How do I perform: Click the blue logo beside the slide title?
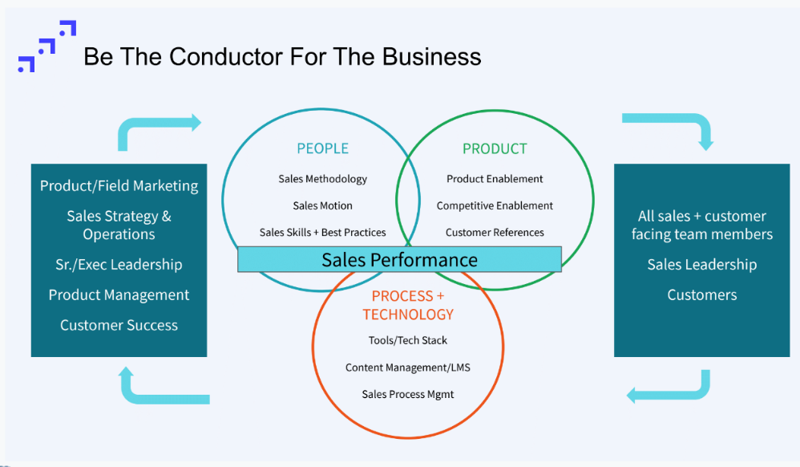[x=46, y=47]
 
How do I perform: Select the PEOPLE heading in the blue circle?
[x=322, y=148]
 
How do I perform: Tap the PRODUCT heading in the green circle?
[x=495, y=148]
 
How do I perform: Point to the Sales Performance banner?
[x=399, y=260]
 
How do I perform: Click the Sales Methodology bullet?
[x=322, y=179]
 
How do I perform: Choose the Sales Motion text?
[x=322, y=205]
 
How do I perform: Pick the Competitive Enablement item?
[x=495, y=205]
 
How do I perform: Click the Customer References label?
[x=495, y=233]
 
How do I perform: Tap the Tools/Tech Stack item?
[x=407, y=340]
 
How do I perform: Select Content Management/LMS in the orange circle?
[x=407, y=368]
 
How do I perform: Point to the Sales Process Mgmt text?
[x=407, y=394]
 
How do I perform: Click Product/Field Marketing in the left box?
[x=119, y=186]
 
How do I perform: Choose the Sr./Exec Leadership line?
[x=119, y=265]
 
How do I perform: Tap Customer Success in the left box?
[x=119, y=325]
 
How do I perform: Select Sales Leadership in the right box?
[x=701, y=265]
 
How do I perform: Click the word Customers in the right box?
[x=701, y=295]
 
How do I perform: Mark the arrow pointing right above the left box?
[x=160, y=128]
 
